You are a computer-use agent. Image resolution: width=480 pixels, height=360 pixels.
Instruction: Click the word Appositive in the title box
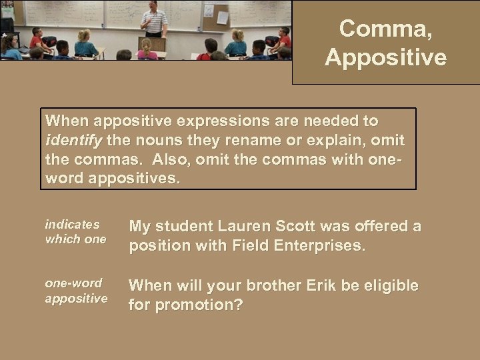385,57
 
